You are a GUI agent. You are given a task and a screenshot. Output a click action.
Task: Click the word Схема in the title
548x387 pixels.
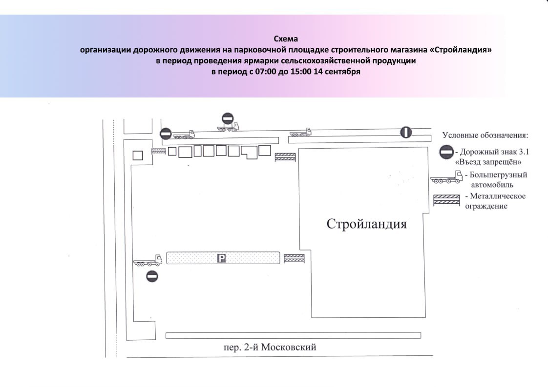[286, 39]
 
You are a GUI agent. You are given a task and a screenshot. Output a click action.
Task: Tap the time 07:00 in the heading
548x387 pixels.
[266, 72]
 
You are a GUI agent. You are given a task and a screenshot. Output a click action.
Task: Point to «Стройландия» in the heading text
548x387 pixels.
[460, 50]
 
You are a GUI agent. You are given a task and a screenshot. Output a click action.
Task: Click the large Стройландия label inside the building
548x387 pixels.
[367, 224]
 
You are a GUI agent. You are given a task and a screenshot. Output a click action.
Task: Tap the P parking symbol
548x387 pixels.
[221, 258]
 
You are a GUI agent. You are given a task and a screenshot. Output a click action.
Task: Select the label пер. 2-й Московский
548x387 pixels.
[270, 347]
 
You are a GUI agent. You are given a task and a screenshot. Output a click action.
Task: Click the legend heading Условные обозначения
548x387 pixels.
[485, 135]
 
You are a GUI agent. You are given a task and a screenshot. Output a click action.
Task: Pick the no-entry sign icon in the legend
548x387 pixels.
[446, 152]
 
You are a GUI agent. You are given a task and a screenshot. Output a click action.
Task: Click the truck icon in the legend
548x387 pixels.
[446, 177]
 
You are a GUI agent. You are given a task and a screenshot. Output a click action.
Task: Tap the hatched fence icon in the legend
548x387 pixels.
[446, 200]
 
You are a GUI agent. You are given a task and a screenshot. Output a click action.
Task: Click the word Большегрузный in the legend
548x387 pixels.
[498, 175]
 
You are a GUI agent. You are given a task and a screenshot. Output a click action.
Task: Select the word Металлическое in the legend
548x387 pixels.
[498, 196]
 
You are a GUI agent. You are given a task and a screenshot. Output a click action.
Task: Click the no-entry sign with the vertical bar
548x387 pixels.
[406, 132]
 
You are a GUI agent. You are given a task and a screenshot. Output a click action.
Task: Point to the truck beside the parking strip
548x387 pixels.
[148, 261]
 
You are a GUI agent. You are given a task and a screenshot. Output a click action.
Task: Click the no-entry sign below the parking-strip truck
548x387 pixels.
[152, 276]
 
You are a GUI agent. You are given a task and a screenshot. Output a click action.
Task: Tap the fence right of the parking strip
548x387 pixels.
[295, 258]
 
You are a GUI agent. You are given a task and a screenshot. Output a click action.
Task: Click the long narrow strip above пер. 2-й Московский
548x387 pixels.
[293, 335]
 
